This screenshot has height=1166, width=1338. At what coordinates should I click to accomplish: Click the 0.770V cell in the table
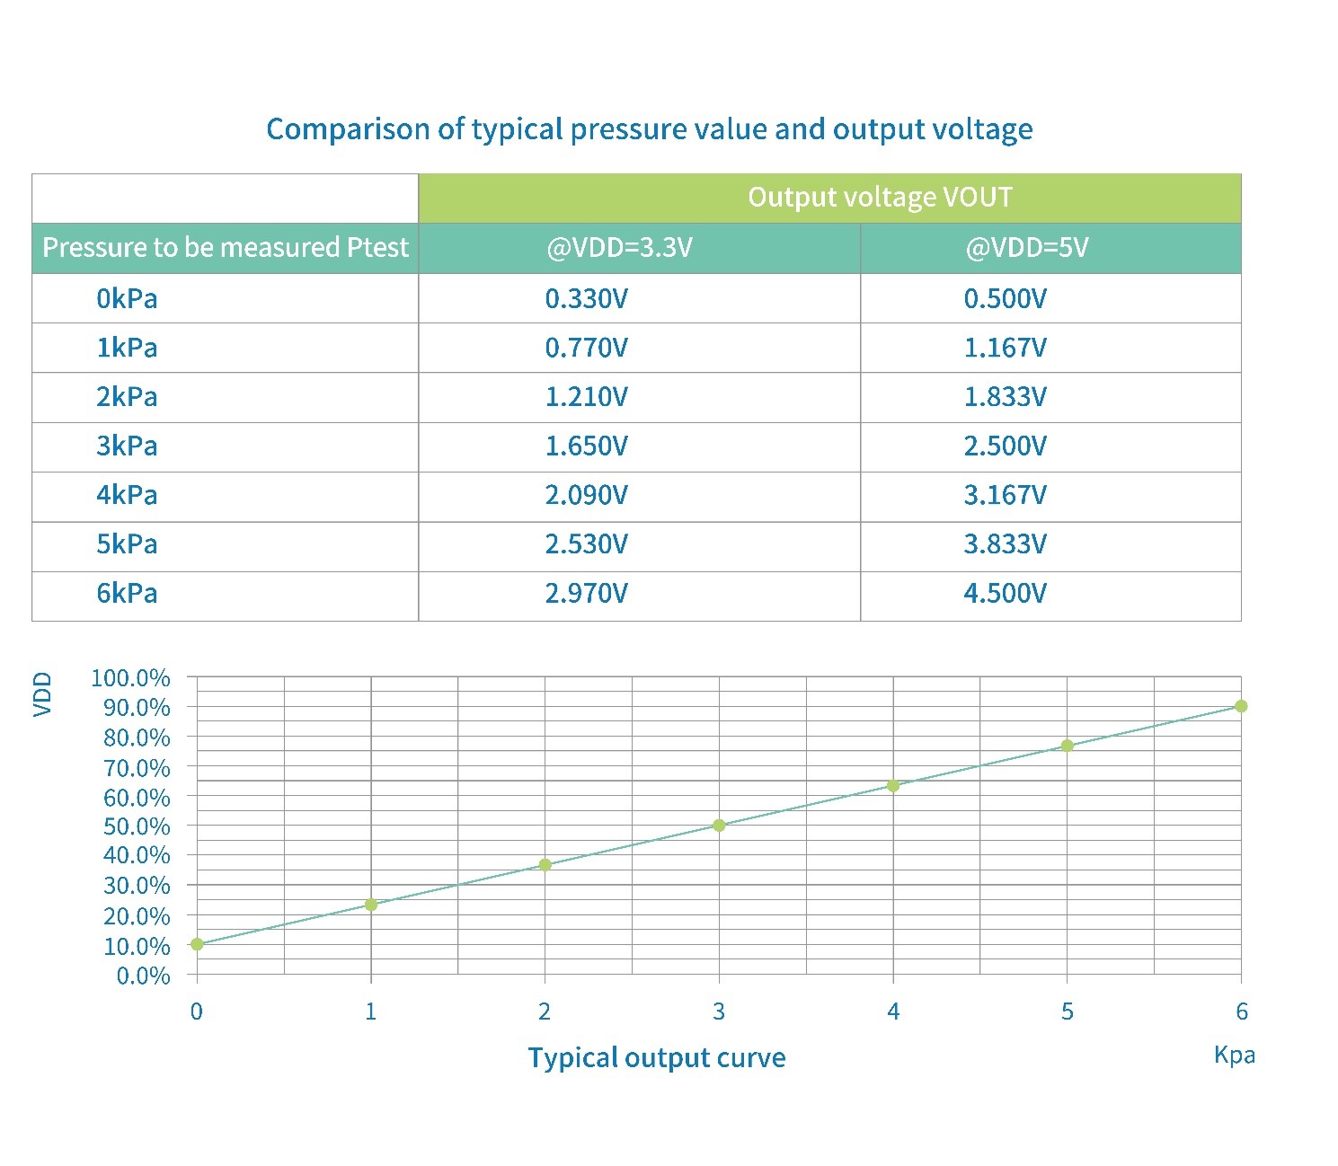586,348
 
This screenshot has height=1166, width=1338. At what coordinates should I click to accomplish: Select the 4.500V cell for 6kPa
1005,593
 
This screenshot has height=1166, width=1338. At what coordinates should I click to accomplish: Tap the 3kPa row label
127,446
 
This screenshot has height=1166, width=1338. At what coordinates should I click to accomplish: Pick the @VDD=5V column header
1026,247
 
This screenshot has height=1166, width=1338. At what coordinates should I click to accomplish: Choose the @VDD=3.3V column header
619,247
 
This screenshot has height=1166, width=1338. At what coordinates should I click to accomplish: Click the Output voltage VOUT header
880,197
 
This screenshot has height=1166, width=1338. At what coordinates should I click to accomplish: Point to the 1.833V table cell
1005,396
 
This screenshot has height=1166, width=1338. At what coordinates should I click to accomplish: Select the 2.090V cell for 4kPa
586,495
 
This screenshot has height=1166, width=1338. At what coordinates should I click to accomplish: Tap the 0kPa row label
127,298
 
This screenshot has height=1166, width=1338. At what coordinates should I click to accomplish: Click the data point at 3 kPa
719,826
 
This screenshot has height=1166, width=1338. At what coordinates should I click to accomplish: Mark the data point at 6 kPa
1241,706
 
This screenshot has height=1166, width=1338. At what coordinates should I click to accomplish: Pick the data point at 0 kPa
197,944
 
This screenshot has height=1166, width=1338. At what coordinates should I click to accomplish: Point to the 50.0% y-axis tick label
137,826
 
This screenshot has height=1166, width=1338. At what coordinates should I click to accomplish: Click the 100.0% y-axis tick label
130,678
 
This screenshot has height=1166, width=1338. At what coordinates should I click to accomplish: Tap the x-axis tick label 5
1067,1011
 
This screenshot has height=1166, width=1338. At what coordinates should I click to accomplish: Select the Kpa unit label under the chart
1234,1055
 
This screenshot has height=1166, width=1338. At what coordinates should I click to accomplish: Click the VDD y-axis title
42,694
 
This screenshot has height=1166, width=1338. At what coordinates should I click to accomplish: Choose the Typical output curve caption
656,1057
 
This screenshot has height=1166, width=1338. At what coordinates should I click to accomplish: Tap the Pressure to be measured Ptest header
226,247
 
